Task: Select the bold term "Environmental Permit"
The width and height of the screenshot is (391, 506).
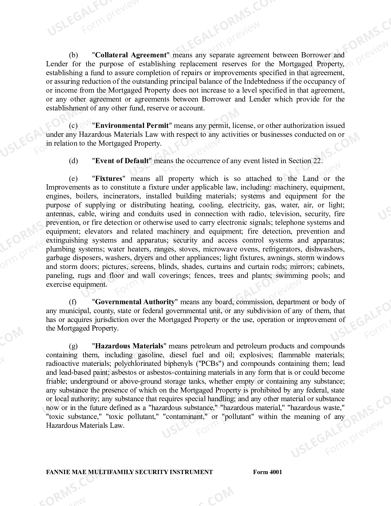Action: [x=132, y=125]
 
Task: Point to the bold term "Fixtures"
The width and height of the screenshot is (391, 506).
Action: [x=109, y=178]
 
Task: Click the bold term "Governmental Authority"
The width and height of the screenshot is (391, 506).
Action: [x=135, y=302]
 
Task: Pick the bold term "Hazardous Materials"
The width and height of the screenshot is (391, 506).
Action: [x=129, y=346]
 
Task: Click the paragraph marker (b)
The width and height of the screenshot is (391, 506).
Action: [x=74, y=55]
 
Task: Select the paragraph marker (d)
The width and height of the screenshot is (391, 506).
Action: [x=74, y=161]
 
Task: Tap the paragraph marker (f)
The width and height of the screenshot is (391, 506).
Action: [x=73, y=302]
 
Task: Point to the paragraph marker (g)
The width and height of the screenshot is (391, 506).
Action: [x=73, y=346]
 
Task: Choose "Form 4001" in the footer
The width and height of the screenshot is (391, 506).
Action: [x=267, y=472]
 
